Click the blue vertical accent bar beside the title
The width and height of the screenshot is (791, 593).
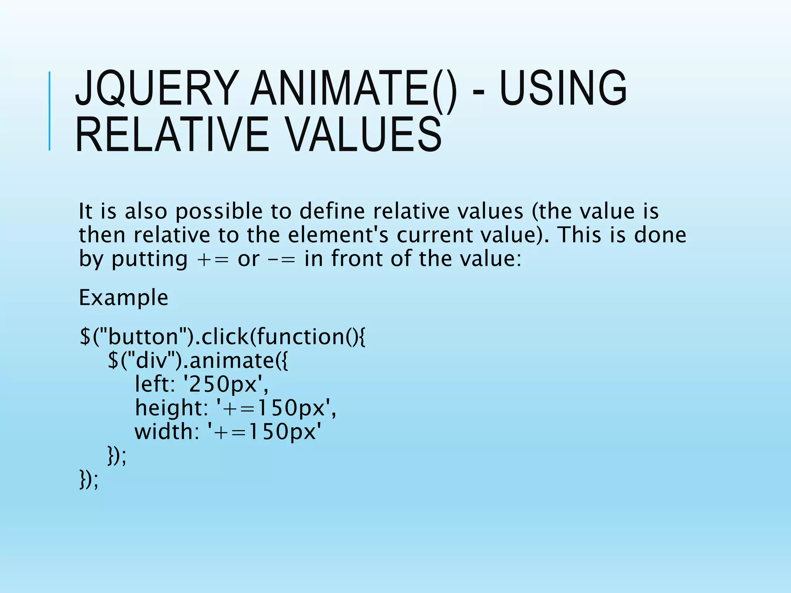(49, 111)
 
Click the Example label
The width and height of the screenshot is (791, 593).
(123, 298)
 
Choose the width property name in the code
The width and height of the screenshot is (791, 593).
(164, 432)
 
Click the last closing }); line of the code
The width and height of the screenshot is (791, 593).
(89, 479)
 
